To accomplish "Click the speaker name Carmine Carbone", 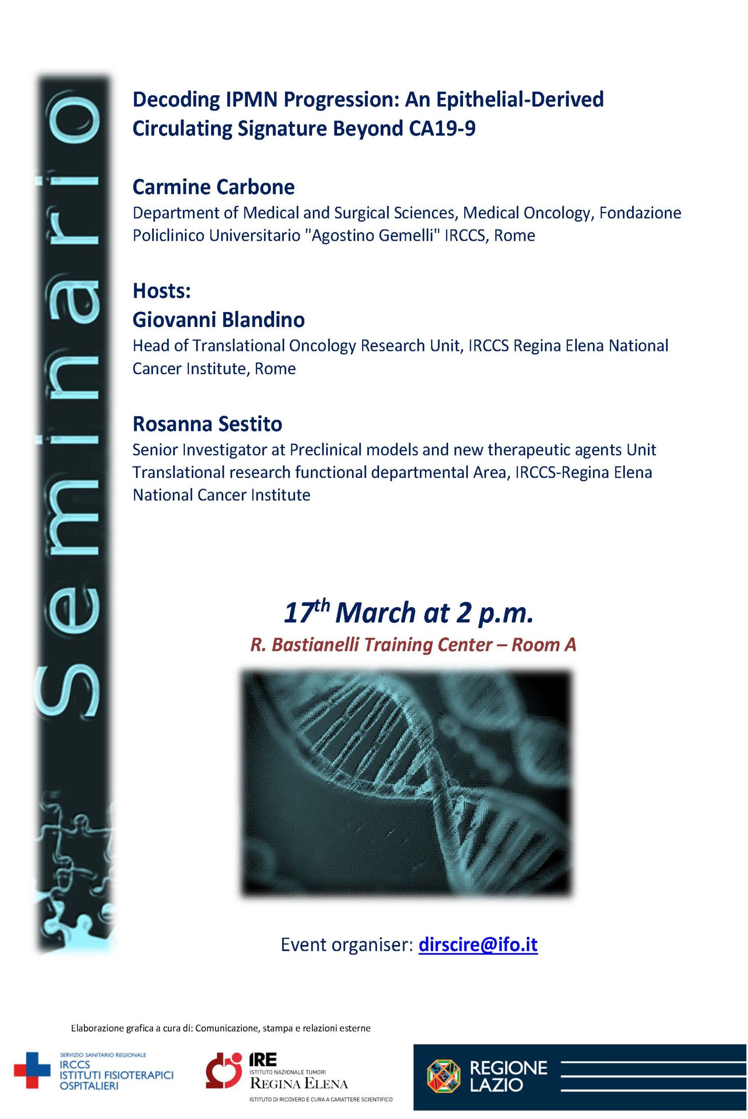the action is click(213, 187).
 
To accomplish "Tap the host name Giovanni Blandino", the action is click(219, 320).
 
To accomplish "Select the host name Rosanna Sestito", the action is click(208, 424).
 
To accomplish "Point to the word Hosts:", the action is click(162, 291).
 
